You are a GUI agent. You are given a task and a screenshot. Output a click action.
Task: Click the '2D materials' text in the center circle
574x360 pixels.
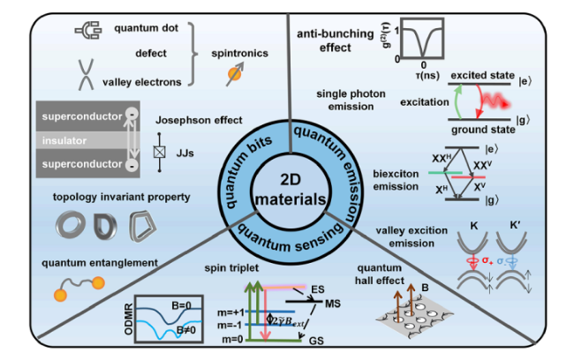click(291, 190)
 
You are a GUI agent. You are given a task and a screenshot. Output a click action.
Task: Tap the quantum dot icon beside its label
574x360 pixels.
click(88, 30)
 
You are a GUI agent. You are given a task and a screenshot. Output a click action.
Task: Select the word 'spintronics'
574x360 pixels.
click(239, 54)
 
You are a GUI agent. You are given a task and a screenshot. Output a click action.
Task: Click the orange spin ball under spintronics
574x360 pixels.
click(234, 75)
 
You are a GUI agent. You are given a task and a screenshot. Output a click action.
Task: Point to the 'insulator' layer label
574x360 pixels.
click(64, 140)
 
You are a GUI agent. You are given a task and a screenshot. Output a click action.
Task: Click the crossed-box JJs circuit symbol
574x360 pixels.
click(159, 152)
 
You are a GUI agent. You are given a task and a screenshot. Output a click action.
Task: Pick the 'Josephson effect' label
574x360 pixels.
click(199, 120)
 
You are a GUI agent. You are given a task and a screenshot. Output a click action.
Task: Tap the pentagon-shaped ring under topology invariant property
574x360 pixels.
click(143, 226)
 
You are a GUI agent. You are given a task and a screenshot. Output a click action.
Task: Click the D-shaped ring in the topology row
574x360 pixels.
click(105, 226)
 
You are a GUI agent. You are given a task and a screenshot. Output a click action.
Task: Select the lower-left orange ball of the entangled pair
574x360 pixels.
click(60, 295)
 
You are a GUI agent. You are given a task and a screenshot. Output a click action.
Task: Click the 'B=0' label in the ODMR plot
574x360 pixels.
click(181, 305)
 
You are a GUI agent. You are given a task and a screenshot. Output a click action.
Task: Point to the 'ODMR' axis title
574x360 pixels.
click(128, 319)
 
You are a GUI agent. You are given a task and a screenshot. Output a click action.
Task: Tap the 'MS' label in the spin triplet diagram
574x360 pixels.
click(332, 304)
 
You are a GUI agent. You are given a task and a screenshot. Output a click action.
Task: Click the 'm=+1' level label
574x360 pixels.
click(230, 312)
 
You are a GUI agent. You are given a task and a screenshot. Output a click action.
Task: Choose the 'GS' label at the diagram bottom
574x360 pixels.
click(316, 341)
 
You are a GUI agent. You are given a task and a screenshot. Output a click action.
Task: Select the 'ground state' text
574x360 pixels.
click(483, 130)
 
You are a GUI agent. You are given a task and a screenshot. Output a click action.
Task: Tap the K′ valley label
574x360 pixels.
click(515, 226)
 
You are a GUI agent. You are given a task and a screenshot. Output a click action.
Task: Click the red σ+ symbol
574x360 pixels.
click(487, 260)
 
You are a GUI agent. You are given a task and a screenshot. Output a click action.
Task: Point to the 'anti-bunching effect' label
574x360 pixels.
click(335, 41)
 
